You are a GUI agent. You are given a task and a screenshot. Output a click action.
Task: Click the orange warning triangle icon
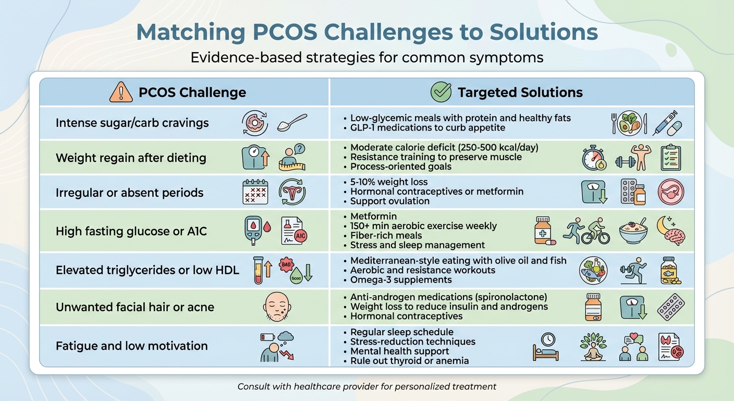(x=120, y=92)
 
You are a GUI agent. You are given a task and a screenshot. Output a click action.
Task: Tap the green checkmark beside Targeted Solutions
(x=441, y=92)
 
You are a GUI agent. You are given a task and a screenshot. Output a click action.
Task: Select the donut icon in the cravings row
(x=255, y=123)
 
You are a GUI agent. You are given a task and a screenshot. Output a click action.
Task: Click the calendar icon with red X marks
(x=255, y=192)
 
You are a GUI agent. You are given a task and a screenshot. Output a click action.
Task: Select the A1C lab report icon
(x=294, y=231)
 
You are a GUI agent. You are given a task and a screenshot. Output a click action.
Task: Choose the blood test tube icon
(x=258, y=270)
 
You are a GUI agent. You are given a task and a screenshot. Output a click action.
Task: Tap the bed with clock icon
(x=546, y=346)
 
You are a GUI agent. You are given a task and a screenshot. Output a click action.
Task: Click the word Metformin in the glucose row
(x=373, y=216)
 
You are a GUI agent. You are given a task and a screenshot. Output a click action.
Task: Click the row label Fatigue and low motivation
(x=131, y=346)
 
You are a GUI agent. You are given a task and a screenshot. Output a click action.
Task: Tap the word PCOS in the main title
(x=283, y=32)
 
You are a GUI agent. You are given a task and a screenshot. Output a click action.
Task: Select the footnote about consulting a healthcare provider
(x=366, y=387)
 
